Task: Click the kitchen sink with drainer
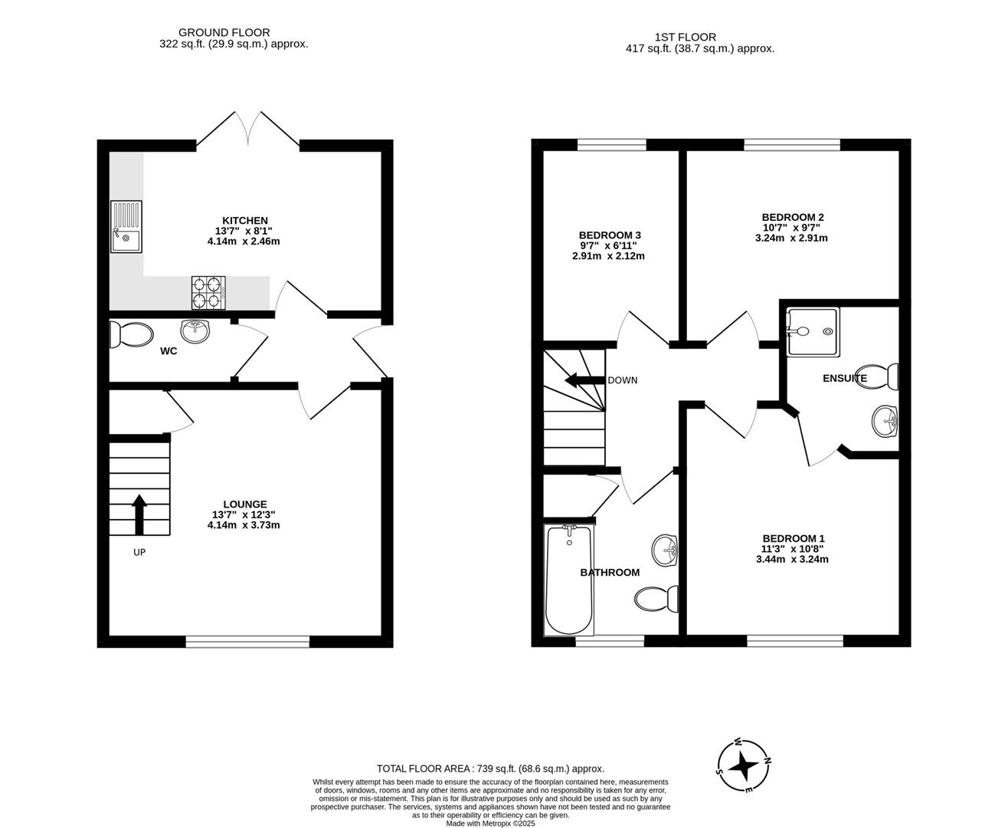126,226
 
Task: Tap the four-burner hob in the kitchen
208,293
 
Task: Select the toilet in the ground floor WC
131,334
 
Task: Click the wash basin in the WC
195,331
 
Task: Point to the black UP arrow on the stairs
139,514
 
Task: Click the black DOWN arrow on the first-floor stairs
584,381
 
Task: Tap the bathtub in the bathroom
569,580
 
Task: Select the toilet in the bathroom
656,599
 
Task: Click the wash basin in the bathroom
665,550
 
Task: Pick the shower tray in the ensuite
813,332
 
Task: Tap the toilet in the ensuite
878,376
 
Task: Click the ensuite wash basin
885,422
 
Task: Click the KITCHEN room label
244,221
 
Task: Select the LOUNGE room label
244,504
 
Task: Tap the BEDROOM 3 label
610,235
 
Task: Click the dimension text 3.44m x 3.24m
792,559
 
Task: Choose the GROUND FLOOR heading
224,32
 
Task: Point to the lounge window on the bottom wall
247,642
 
